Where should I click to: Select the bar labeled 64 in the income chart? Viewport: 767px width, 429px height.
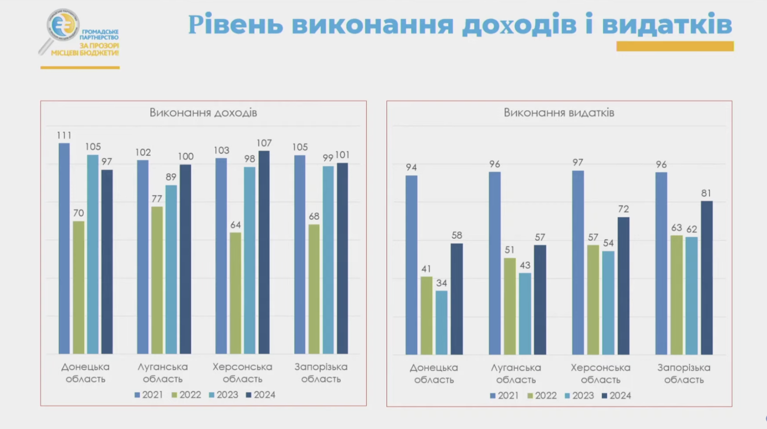point(235,293)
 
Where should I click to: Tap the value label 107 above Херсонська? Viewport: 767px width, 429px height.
point(264,143)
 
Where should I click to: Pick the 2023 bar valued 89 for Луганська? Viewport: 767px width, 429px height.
point(171,269)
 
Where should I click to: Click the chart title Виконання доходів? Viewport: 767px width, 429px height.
point(203,113)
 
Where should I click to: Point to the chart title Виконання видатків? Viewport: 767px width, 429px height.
point(559,113)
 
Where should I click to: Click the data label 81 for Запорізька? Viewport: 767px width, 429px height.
point(706,193)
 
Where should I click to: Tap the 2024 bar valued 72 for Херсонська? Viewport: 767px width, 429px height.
point(623,286)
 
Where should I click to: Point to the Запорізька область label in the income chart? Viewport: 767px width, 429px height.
point(321,373)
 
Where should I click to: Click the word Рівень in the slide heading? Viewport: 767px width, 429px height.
point(236,25)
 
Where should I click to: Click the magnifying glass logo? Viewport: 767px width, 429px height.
point(59,30)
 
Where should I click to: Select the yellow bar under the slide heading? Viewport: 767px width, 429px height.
point(675,47)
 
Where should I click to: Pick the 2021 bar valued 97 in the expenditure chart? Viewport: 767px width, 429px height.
point(578,262)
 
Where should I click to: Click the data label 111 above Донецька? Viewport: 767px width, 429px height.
point(64,135)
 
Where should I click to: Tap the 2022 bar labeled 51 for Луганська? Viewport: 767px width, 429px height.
point(510,306)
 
